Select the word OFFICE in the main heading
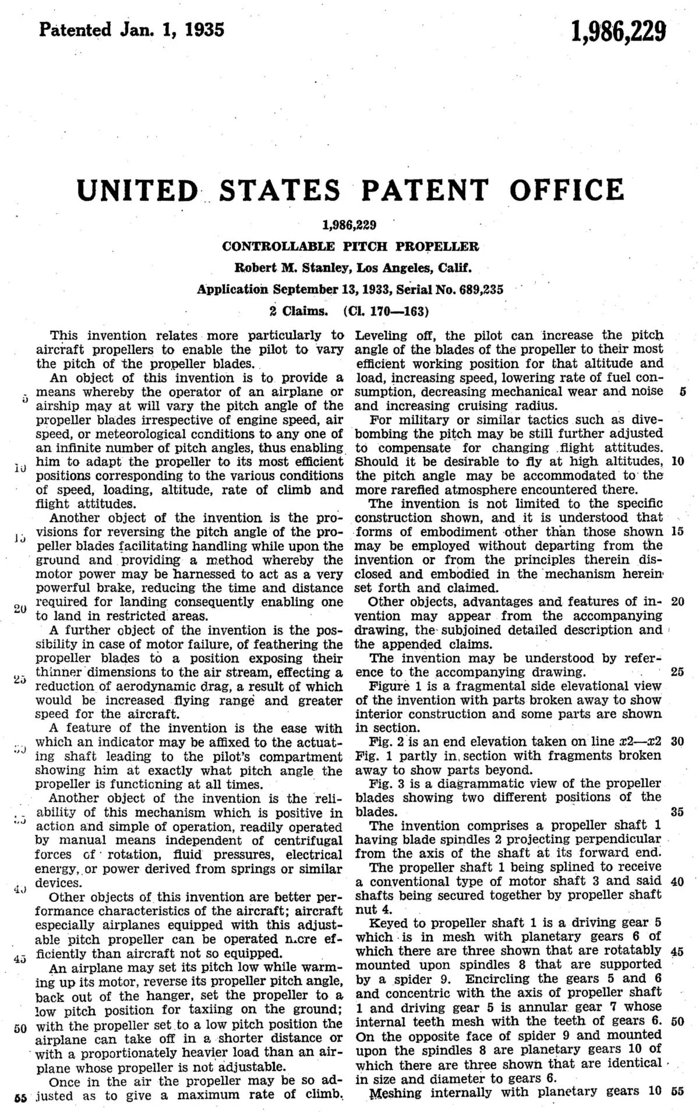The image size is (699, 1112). [567, 190]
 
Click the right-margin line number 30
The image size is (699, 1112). [677, 742]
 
